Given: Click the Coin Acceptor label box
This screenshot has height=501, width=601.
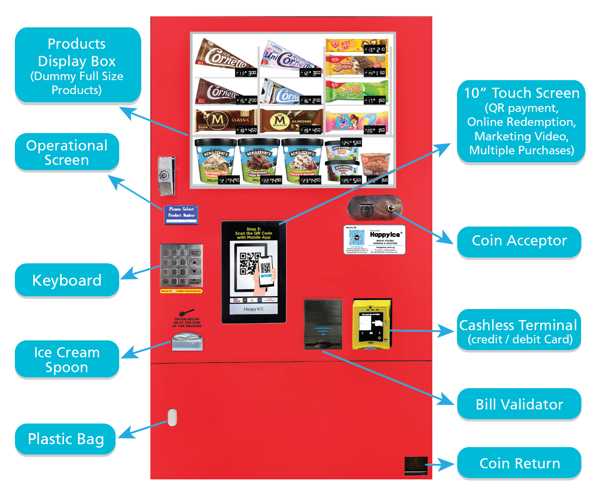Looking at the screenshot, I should tap(519, 241).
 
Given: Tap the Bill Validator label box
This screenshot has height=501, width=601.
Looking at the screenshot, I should tap(519, 404).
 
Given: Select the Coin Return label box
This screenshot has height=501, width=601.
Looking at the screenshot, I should tap(519, 463).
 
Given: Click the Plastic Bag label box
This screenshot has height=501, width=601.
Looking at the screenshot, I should tap(66, 439).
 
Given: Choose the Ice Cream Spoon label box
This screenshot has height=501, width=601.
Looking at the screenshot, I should tap(67, 359).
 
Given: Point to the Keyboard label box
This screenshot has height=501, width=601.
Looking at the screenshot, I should tap(67, 280).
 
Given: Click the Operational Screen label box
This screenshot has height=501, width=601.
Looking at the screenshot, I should tap(67, 153).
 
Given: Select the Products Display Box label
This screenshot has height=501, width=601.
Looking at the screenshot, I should tap(77, 65).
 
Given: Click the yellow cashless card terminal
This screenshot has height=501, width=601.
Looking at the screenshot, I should tap(372, 324).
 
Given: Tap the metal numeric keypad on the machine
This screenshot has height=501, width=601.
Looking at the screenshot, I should tap(181, 265).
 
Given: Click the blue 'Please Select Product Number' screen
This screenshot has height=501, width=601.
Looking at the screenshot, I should tap(181, 214).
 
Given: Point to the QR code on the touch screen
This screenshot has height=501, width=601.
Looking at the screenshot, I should tap(250, 264).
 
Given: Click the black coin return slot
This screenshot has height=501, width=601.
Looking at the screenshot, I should tap(415, 465).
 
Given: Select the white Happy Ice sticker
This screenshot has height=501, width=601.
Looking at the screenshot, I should tap(374, 240).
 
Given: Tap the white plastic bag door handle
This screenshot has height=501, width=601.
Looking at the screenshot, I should tap(172, 417).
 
